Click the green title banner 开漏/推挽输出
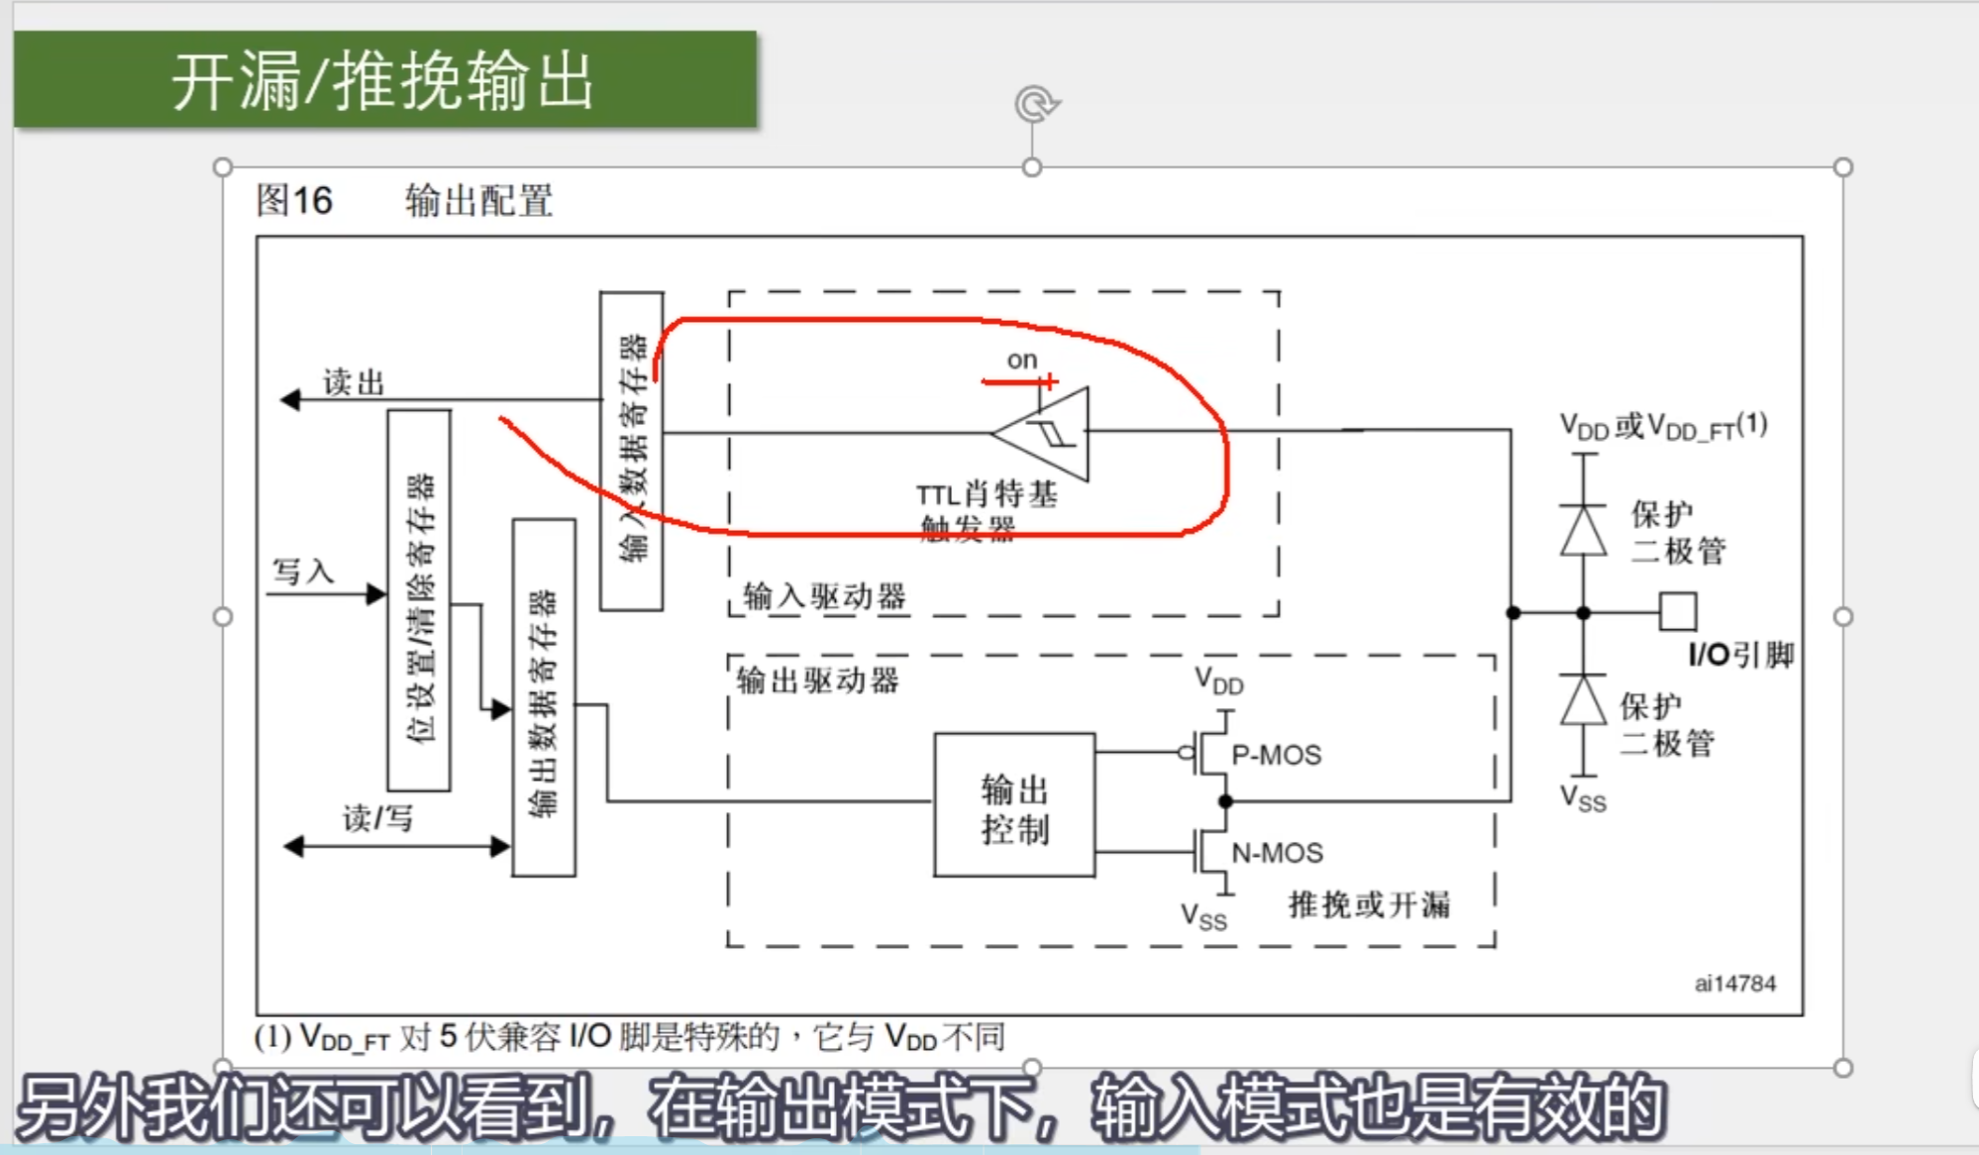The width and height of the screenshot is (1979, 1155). (x=384, y=79)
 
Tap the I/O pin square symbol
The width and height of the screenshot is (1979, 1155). (x=1678, y=611)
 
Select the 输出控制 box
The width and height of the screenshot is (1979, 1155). (x=1014, y=805)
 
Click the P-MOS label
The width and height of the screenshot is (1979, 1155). (x=1276, y=755)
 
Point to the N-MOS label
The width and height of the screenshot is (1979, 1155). (x=1277, y=853)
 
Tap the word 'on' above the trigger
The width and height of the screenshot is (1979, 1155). (x=1021, y=361)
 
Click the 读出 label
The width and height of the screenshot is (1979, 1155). (x=354, y=382)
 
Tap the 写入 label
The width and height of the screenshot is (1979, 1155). (x=303, y=572)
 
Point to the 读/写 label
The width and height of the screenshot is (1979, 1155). (x=377, y=818)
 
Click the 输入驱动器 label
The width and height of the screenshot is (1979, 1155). (x=824, y=596)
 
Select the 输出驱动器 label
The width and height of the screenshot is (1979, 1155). (x=817, y=681)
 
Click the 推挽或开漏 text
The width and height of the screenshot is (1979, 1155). (x=1369, y=904)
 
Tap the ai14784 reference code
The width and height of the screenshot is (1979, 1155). (x=1734, y=984)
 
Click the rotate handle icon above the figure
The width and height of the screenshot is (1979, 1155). (x=1036, y=104)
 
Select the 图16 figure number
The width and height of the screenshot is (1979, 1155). (x=294, y=200)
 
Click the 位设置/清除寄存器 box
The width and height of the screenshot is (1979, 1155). (x=419, y=600)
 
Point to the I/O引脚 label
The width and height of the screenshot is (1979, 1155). (x=1740, y=655)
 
